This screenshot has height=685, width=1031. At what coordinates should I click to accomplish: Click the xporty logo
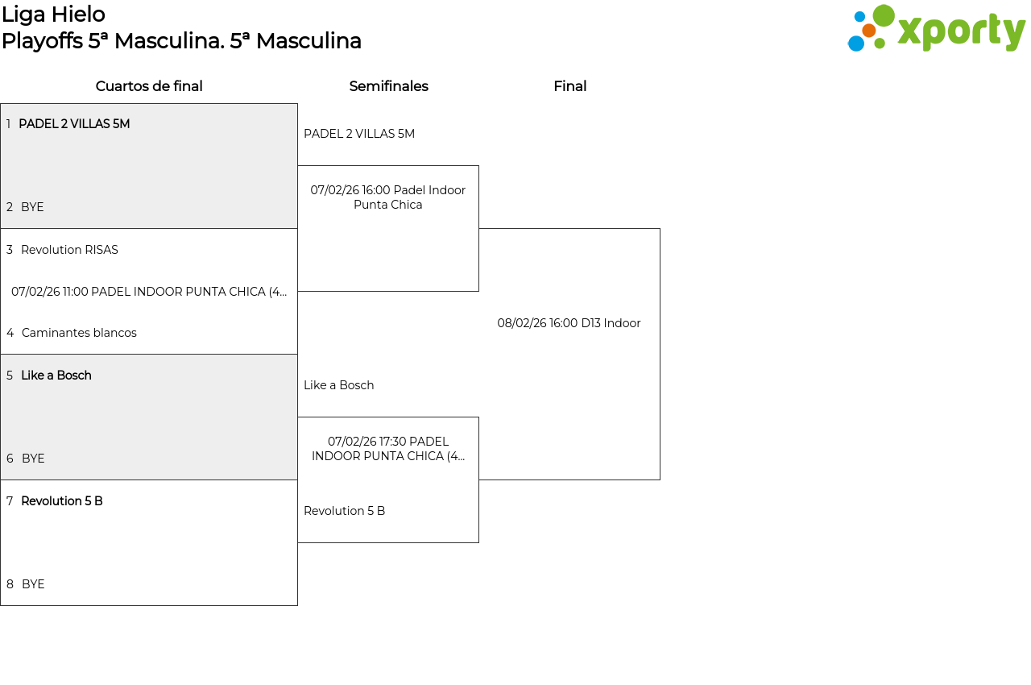coord(936,29)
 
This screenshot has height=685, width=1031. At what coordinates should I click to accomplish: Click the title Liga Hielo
coord(53,15)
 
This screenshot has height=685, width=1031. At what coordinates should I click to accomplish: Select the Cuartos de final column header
coord(149,86)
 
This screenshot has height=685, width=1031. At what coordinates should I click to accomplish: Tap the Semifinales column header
coord(388,86)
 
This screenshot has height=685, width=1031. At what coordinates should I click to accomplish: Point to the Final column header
coord(569,86)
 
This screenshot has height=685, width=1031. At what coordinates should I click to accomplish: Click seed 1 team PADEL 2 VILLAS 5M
coord(74,124)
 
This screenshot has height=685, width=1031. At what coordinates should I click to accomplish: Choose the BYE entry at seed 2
coord(32,207)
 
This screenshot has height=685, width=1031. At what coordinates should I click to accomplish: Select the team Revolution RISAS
coord(69,250)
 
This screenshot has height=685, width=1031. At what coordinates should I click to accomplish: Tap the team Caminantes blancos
coord(79,333)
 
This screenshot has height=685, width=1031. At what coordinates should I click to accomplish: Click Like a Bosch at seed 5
coord(56,376)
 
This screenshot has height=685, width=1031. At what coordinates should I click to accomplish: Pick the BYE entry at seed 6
coord(33,459)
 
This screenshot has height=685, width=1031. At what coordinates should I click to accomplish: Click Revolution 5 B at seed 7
coord(62,501)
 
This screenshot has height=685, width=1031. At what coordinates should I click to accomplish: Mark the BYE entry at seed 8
coord(33,584)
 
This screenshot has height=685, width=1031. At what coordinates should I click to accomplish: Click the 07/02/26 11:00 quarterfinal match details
coord(149,292)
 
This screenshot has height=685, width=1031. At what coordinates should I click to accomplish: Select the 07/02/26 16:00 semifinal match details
coord(388,197)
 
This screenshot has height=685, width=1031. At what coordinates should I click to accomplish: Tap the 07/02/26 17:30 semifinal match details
coord(388,449)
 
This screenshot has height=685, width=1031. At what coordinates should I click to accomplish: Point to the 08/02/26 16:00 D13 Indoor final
coord(569,323)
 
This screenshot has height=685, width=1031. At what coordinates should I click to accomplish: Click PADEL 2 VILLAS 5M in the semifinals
coord(359,134)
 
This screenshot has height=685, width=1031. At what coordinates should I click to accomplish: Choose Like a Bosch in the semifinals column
coord(339,385)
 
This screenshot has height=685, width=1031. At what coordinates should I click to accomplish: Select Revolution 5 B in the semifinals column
coord(345,511)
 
